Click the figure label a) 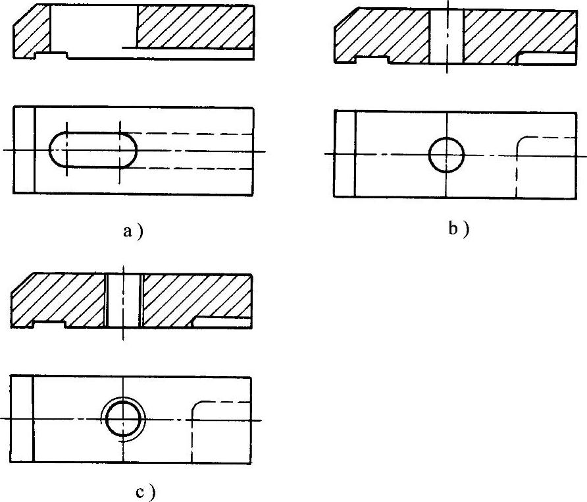(132, 231)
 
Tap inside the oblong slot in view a (93, 150)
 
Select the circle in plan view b (446, 155)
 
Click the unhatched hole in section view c (123, 300)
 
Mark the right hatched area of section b (513, 33)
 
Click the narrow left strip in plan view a (24, 150)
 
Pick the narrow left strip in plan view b (344, 153)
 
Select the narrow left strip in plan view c (22, 419)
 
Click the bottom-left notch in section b (372, 60)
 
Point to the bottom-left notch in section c (49, 323)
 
